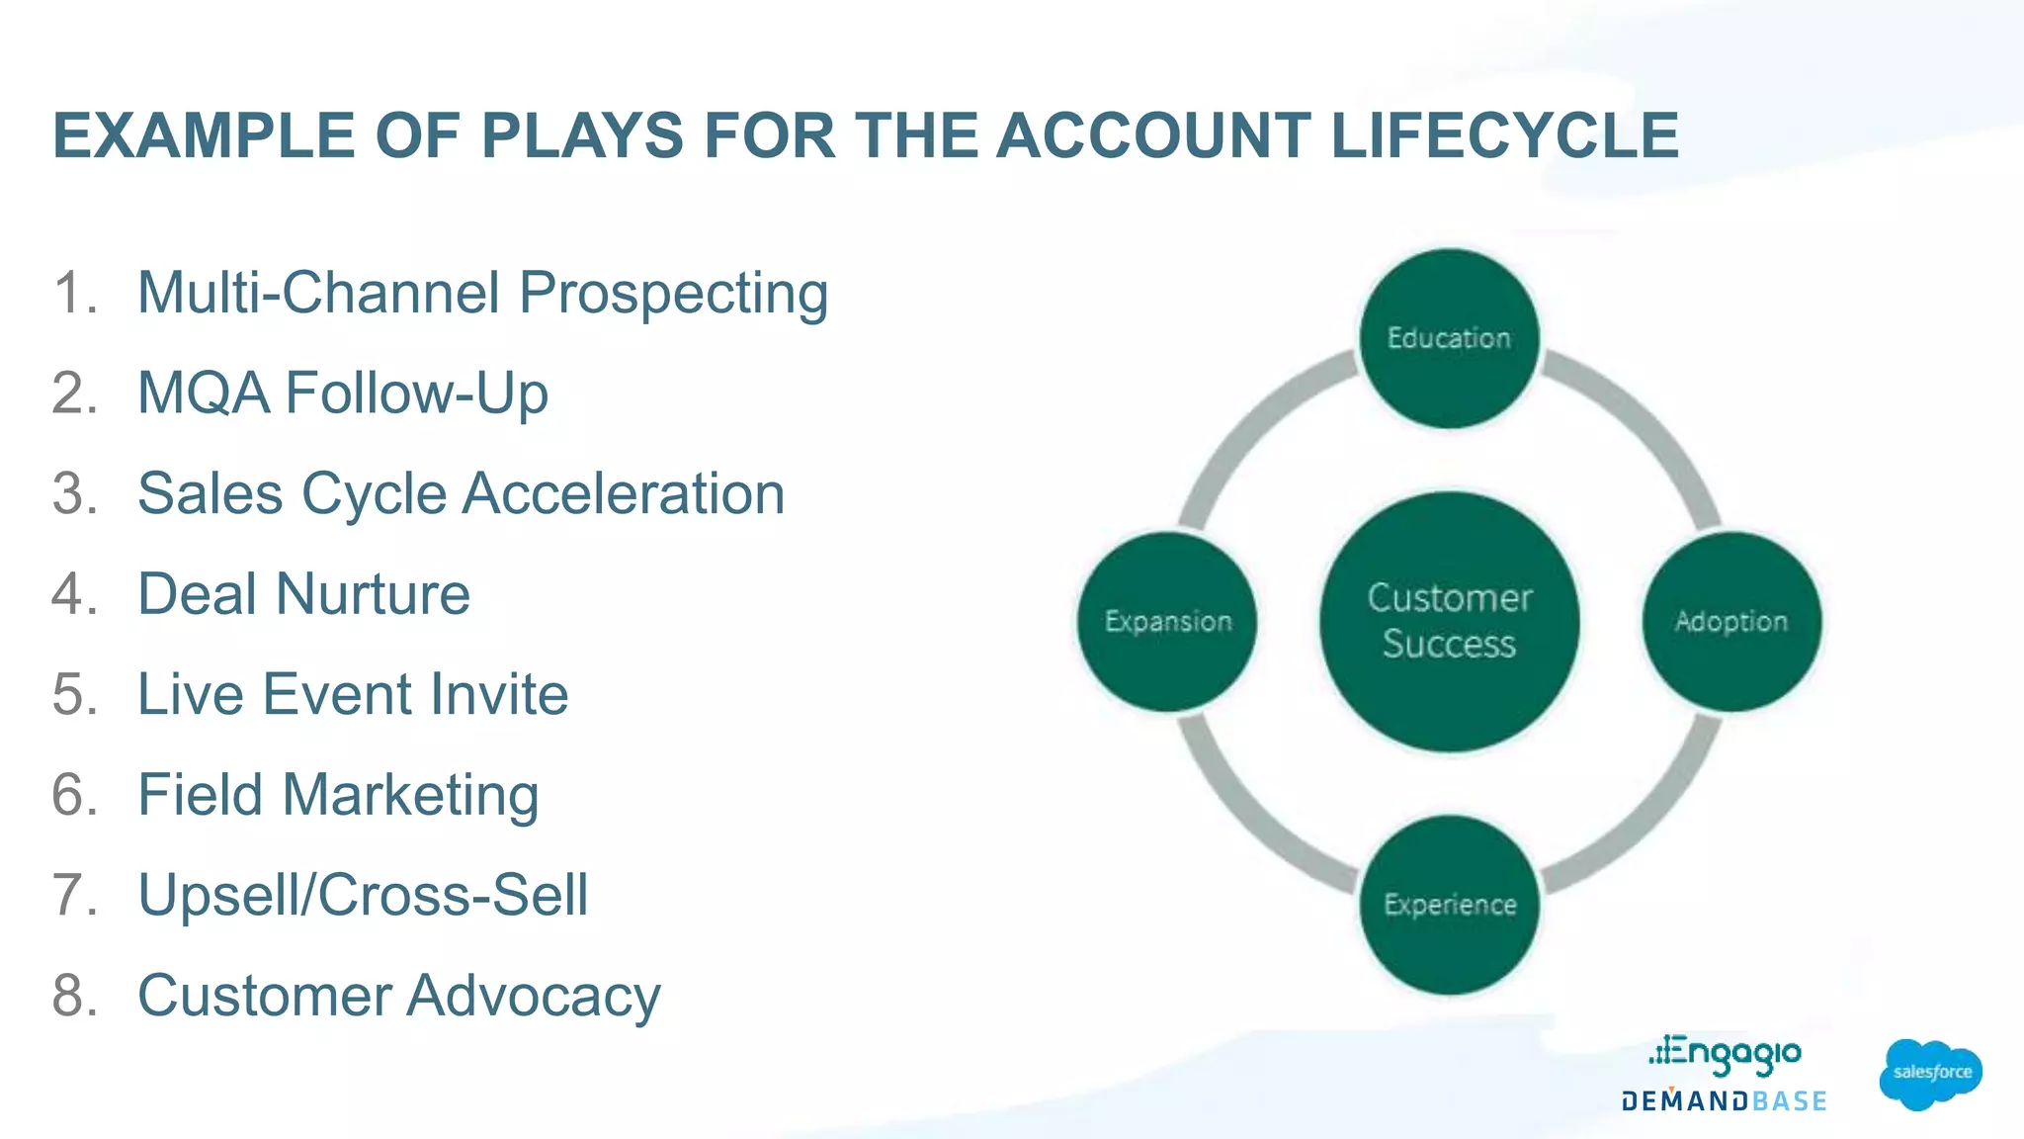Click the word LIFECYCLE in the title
(1504, 135)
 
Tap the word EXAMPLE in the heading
(204, 135)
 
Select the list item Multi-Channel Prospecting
(482, 294)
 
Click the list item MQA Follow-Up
(342, 394)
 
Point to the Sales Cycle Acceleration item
(461, 493)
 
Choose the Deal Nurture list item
(303, 594)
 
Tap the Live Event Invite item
(353, 694)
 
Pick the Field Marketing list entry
(338, 795)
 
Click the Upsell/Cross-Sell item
(363, 895)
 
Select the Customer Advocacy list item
(398, 996)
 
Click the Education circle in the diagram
(1449, 338)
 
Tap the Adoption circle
(1731, 621)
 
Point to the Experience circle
(1449, 905)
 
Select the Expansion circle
(1167, 621)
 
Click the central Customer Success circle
(1449, 621)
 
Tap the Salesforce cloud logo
(1930, 1074)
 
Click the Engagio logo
(1726, 1055)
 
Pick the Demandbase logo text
(1724, 1101)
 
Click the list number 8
(74, 996)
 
